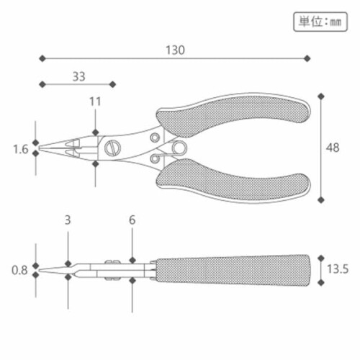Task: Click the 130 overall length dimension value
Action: (x=175, y=50)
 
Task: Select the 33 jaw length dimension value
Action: (x=79, y=76)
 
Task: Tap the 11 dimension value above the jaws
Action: (x=95, y=102)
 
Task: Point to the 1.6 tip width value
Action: (x=21, y=149)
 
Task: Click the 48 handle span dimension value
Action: (x=333, y=148)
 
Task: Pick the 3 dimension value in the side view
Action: (x=68, y=220)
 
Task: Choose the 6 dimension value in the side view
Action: (x=132, y=220)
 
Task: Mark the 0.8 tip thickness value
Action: (x=19, y=270)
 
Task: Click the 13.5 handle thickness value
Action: (x=338, y=269)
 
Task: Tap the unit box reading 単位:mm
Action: (x=320, y=22)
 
